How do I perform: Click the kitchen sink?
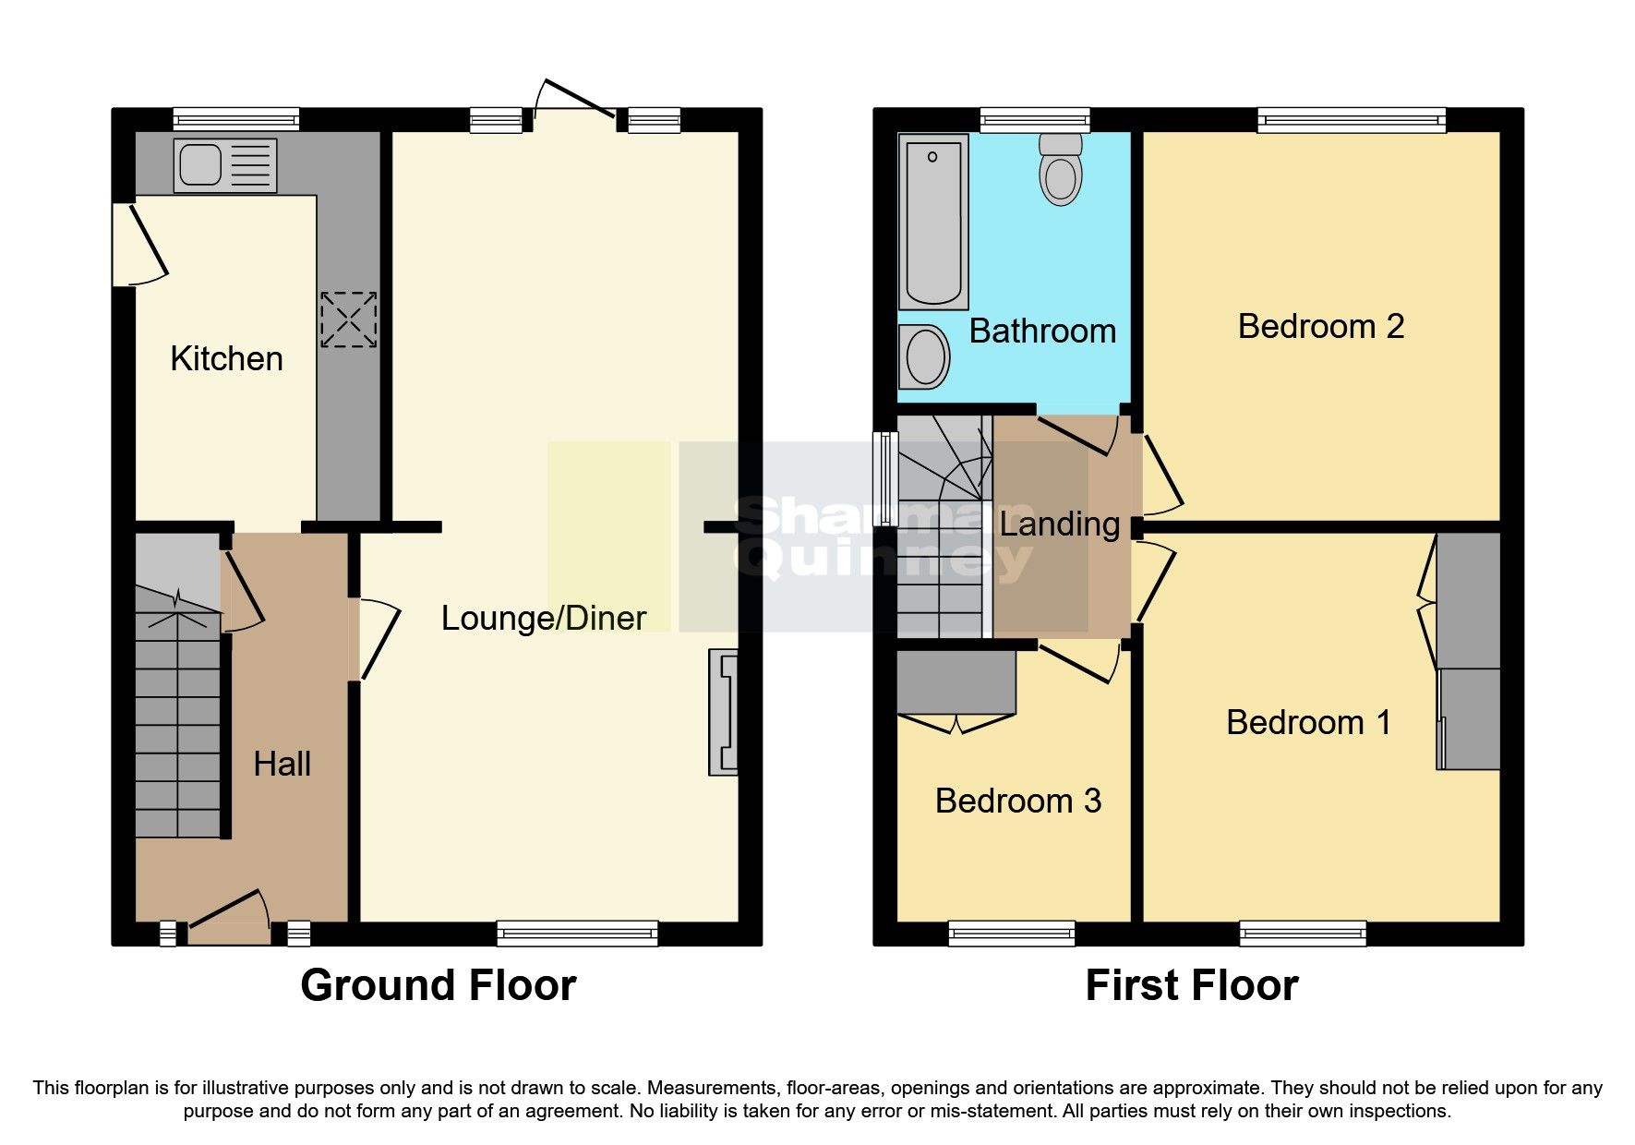point(224,166)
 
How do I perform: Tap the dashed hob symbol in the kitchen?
point(349,320)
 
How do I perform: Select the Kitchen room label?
point(226,358)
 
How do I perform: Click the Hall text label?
point(282,764)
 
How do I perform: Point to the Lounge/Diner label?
point(543,618)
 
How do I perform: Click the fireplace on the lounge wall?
point(724,712)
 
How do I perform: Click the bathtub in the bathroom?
point(933,222)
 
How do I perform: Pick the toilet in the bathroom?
point(1061,170)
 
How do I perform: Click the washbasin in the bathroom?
point(925,356)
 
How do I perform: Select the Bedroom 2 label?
point(1320,326)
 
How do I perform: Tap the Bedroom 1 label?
point(1308,722)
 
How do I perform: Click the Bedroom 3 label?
point(1017,801)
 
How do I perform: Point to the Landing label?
point(1060,524)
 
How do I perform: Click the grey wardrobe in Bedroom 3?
point(956,682)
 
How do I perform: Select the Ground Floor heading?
point(438,985)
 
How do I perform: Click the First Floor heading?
point(1191,985)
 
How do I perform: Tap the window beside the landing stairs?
point(886,478)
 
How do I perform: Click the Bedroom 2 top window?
point(1352,119)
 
